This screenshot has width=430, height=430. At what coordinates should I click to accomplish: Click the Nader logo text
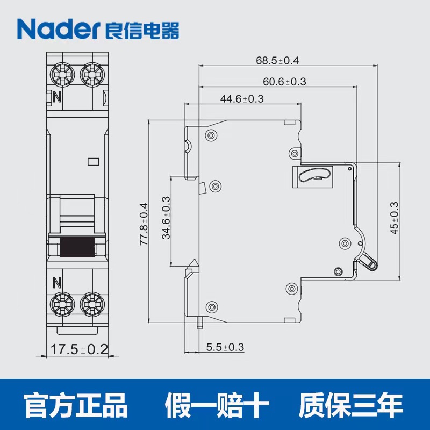pos(58,29)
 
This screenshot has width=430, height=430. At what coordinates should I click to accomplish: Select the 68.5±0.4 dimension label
pos(277,60)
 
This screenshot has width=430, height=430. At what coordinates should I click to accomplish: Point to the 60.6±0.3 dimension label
pos(284,82)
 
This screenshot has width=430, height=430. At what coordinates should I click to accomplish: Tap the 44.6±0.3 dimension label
pos(242,99)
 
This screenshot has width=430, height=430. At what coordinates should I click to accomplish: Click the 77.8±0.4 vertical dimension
pos(144,224)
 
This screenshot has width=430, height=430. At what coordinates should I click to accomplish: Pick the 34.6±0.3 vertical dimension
pos(166,218)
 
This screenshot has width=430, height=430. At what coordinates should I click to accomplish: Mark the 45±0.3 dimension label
pos(394,218)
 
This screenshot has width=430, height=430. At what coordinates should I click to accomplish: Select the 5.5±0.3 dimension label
pos(225,347)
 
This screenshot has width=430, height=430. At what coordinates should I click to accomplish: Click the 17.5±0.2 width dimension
pos(79,349)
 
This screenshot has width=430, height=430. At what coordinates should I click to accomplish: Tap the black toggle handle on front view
pos(77,247)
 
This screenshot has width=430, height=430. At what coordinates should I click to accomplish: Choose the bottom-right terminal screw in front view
pos(92,304)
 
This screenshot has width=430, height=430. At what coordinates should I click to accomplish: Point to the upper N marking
pos(57,97)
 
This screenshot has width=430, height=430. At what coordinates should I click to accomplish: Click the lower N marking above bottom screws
pos(56,283)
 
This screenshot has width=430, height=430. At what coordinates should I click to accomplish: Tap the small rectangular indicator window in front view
pos(93,162)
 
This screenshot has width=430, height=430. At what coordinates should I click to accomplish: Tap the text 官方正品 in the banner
pos(76,405)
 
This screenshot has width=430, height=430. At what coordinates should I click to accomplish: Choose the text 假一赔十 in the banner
pos(217,405)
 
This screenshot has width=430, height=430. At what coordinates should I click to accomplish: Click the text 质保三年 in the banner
pos(351,405)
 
